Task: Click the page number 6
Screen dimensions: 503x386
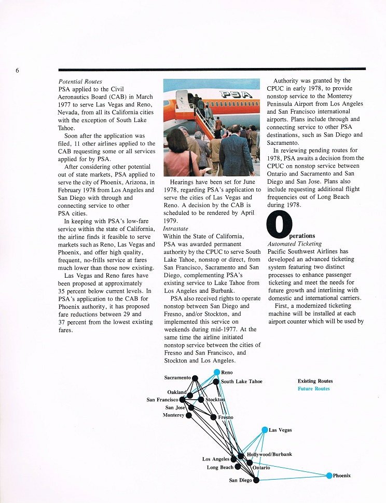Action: tap(17, 71)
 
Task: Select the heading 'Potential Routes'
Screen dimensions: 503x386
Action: tap(80, 81)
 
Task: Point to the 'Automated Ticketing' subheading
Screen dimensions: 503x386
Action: tap(295, 243)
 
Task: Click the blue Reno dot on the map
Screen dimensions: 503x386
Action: tap(217, 372)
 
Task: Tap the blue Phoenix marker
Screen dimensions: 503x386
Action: tap(329, 475)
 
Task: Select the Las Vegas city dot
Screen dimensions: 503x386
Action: tap(265, 430)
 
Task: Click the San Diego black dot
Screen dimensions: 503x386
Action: tap(256, 480)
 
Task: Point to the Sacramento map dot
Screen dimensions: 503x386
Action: tap(195, 378)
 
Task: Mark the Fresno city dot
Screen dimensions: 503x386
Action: tap(213, 417)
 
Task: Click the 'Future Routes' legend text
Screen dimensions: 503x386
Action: tap(313, 389)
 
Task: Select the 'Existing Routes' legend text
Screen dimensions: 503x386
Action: tap(315, 381)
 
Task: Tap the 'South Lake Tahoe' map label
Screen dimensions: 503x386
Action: tap(241, 382)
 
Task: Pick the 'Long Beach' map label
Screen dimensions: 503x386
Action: tap(220, 467)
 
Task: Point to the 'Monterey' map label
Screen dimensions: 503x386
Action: tap(173, 415)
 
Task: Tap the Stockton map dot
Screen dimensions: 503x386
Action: tap(201, 400)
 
